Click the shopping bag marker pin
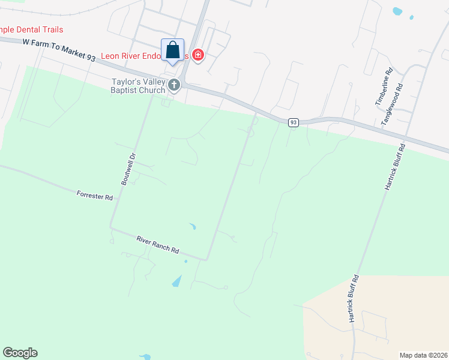173,50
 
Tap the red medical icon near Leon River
198,56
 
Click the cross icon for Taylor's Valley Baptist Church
174,85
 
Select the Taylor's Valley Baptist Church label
137,86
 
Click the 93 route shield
293,122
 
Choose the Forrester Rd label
95,196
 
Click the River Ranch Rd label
158,245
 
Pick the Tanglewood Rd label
393,104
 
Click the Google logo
20,353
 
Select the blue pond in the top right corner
397,11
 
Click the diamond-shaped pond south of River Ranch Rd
177,280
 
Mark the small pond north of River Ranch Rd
192,226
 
